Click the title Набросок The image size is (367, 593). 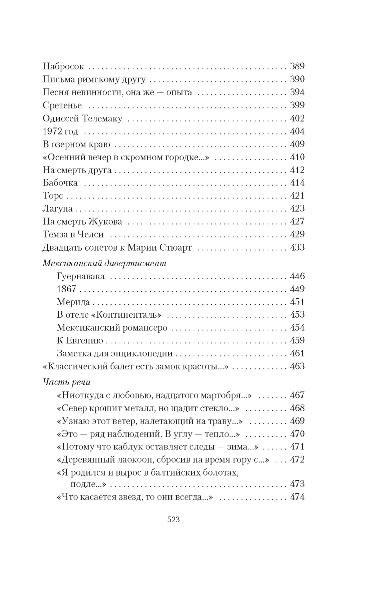63,66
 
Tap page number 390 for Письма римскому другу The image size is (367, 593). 297,79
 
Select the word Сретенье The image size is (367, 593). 62,105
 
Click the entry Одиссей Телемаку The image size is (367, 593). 82,118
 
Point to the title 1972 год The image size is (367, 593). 60,131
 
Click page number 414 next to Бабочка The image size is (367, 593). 297,183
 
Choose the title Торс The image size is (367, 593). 53,196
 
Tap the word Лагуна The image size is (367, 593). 58,209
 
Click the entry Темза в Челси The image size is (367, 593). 73,235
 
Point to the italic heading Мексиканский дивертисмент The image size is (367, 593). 104,263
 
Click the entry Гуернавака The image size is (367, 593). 81,276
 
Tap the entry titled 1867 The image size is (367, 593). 67,289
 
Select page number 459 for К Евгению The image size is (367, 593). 297,341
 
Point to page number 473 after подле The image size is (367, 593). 297,484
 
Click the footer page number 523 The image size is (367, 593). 173,520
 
